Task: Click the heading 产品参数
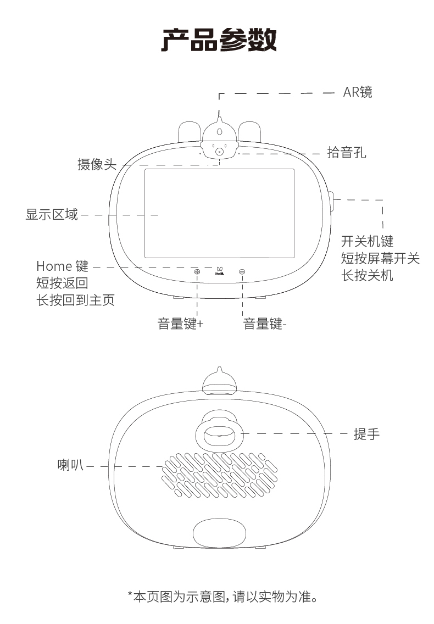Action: tap(219, 40)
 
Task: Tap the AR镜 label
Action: tap(358, 92)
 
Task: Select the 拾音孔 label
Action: tap(346, 152)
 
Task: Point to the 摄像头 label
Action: tap(97, 164)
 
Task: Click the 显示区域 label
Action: tap(52, 214)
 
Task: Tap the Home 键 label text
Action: tap(62, 266)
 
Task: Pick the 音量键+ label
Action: tap(180, 324)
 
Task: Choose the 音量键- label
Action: tap(265, 324)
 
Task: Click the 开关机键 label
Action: tap(367, 241)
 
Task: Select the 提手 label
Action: tap(366, 434)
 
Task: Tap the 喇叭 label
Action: tap(70, 466)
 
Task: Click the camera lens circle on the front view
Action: tap(219, 152)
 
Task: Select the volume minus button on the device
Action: tap(242, 271)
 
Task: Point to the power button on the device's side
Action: tap(332, 200)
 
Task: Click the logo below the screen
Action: tap(219, 269)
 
